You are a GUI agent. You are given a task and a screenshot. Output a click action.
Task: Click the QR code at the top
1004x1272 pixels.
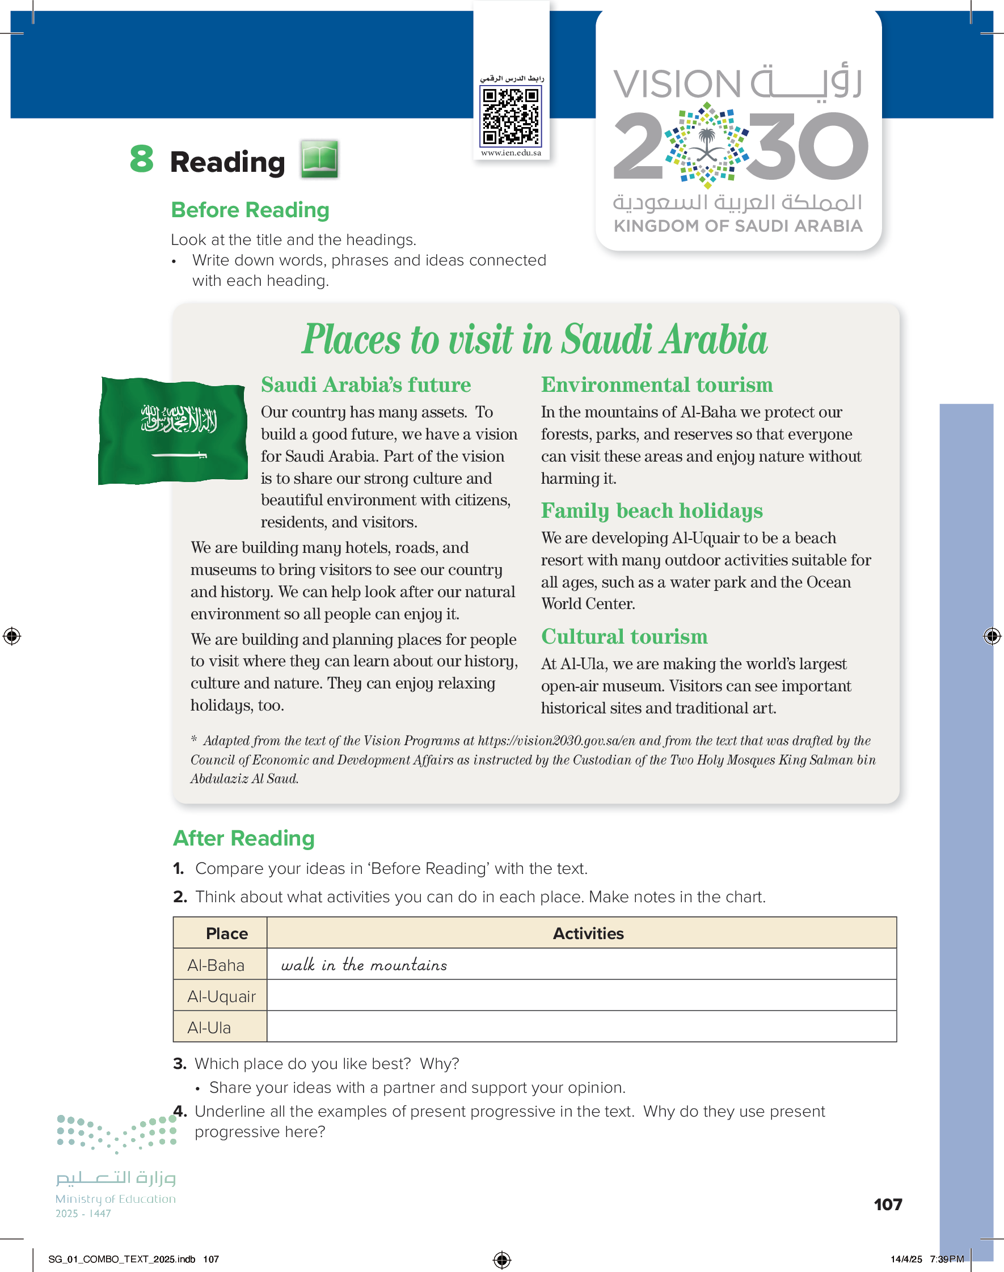511,116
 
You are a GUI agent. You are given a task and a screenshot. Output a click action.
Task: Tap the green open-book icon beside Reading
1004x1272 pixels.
319,159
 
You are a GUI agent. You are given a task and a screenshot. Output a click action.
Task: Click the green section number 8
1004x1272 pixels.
142,159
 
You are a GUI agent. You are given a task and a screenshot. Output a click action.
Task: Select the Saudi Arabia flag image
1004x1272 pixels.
173,430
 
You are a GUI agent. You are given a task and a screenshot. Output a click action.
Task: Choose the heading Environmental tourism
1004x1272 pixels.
657,385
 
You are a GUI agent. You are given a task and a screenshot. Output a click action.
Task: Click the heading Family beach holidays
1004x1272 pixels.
651,510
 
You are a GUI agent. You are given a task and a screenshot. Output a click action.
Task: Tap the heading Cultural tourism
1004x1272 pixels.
624,637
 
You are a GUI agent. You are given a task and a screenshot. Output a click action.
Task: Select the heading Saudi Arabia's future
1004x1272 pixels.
366,385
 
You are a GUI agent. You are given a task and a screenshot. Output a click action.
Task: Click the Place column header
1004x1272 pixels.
226,933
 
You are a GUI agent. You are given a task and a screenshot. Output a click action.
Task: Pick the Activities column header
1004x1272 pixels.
588,933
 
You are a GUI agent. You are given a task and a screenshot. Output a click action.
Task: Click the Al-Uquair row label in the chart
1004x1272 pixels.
221,996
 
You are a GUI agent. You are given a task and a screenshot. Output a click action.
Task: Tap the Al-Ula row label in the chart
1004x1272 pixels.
209,1028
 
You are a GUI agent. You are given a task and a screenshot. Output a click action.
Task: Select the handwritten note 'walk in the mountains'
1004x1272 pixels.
364,965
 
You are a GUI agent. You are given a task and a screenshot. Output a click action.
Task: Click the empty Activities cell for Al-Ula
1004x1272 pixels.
581,1027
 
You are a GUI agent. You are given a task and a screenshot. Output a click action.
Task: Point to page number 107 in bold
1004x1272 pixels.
888,1205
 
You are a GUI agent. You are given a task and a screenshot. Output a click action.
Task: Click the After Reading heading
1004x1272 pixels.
244,838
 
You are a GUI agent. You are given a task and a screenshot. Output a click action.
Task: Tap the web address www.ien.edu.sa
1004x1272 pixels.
511,153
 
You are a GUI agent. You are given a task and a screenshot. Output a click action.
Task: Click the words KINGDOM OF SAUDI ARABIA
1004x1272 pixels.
738,226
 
